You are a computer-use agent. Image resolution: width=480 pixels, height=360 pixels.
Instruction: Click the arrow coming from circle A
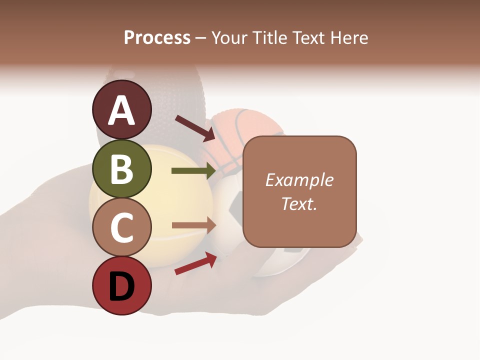coord(194,127)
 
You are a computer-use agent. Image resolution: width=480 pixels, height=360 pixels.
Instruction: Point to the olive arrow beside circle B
coord(193,171)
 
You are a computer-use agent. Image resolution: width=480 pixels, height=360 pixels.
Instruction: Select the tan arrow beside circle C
coord(193,225)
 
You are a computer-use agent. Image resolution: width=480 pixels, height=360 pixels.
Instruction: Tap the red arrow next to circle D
coord(195,263)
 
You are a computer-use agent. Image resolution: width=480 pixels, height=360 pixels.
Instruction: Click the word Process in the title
coord(157,37)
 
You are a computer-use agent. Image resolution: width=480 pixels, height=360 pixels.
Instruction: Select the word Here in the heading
coord(350,37)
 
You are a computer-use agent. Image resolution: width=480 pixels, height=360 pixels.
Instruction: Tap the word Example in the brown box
coord(299,180)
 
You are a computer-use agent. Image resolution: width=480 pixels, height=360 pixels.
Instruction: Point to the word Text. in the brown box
coord(299,203)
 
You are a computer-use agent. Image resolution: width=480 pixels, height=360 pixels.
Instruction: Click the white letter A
coord(122,110)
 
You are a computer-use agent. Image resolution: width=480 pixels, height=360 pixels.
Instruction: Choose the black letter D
coord(122,287)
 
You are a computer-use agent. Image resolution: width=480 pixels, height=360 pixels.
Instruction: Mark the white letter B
coord(122,169)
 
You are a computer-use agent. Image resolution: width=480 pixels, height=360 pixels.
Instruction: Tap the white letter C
coord(122,228)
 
